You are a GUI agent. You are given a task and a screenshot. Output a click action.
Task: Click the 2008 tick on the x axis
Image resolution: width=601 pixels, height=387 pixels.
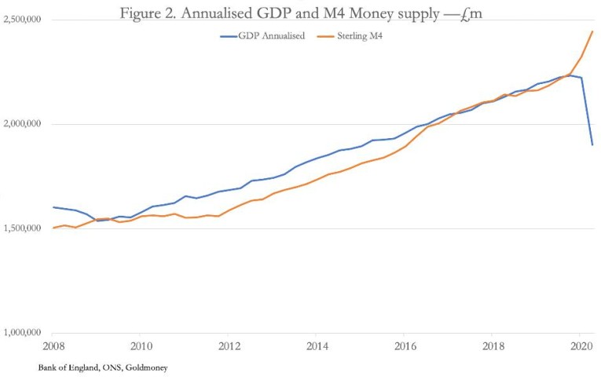point(53,345)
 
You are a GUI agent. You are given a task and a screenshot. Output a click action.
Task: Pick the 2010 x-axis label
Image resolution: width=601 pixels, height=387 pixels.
point(141,345)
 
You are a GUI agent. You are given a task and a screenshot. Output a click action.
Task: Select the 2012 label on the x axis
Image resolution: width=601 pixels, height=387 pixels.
point(229,345)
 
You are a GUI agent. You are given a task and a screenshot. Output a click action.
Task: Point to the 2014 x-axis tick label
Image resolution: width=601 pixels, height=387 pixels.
point(317,345)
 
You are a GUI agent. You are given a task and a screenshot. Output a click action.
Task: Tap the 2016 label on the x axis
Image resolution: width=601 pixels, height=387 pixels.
point(405,345)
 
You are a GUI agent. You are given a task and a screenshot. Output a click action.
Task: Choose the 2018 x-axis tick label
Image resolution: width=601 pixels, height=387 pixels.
point(493,345)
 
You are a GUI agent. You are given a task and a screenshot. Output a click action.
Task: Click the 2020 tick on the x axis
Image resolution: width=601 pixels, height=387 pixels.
point(581,345)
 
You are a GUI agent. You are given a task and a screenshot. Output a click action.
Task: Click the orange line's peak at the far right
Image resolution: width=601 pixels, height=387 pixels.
point(592,31)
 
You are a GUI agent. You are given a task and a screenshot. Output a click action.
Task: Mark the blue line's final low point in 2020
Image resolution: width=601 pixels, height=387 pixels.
point(592,144)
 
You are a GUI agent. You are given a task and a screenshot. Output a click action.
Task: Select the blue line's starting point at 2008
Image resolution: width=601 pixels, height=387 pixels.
point(53,207)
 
